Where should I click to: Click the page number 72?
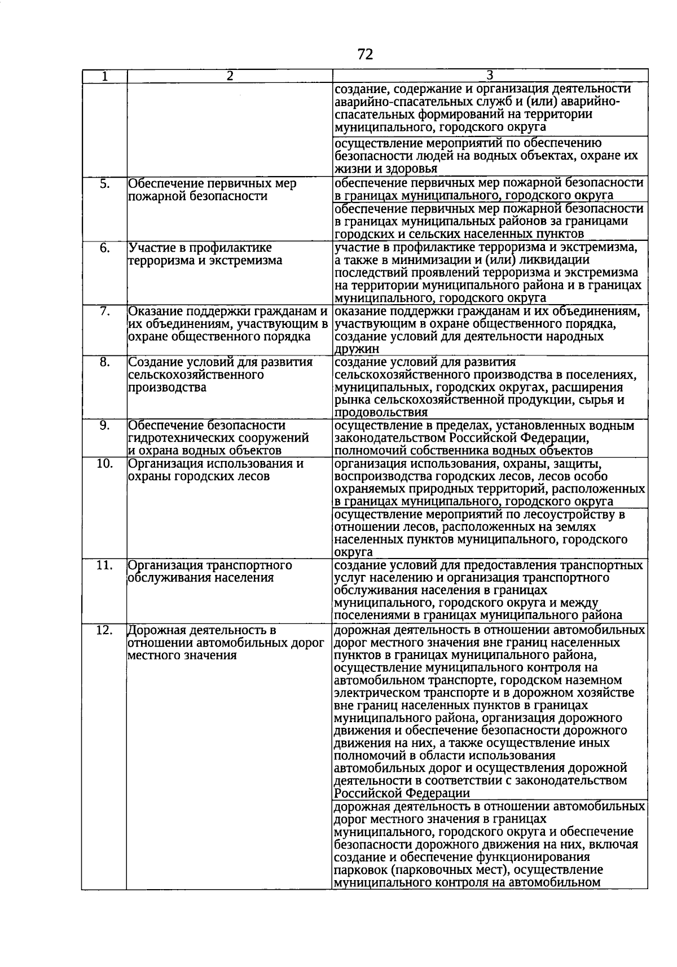pos(365,54)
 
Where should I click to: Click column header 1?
pos(104,76)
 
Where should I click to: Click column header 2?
pos(230,76)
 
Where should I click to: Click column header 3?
pos(490,76)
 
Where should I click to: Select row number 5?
pos(104,184)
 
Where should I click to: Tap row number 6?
pos(104,248)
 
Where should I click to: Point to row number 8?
pos(104,362)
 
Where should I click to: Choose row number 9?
pos(104,425)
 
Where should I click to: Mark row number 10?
pos(104,464)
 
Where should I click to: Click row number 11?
pos(104,565)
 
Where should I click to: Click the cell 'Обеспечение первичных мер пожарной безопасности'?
pos(213,190)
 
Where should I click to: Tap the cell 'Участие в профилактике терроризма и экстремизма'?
pos(206,254)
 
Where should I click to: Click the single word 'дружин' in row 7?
pos(353,350)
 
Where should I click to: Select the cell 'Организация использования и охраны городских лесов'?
pos(216,470)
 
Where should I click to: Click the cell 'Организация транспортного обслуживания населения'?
pos(210,572)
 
